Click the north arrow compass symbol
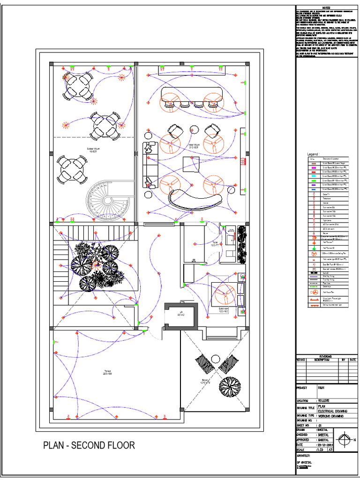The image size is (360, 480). pos(345,439)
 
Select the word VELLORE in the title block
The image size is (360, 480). pos(323,401)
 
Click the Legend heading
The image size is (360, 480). pos(313,154)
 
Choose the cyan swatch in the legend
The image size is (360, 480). pos(312,176)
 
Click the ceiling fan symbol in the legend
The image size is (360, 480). pos(312,253)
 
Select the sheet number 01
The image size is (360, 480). pos(321,425)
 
